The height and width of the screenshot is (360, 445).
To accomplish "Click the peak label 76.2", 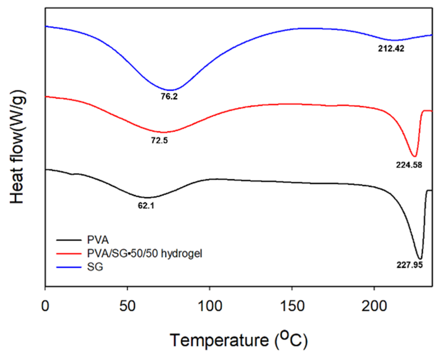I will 169,97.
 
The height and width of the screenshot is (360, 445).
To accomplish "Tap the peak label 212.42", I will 391,49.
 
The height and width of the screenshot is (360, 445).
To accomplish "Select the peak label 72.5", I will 159,141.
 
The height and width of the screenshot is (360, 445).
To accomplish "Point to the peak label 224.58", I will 409,165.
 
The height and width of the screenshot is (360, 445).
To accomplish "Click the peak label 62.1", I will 146,206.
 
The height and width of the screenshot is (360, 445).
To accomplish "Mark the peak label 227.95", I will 410,265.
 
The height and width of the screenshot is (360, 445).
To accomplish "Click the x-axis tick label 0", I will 45,306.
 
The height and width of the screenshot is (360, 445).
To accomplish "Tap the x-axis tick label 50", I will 128,306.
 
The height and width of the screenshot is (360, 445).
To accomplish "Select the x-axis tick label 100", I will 210,306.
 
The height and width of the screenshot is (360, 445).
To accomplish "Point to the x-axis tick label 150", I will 292,306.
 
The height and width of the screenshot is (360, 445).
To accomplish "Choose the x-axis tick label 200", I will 374,306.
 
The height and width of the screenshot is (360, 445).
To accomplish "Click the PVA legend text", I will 98,240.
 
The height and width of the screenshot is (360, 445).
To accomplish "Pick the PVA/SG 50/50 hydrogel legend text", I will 145,254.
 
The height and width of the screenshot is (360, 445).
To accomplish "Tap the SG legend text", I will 95,267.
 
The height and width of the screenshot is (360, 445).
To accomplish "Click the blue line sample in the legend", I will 69,267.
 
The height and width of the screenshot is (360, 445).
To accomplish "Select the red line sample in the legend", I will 69,254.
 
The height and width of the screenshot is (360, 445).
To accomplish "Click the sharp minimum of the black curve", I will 420,259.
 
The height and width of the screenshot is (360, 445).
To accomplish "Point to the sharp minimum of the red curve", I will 414,156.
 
